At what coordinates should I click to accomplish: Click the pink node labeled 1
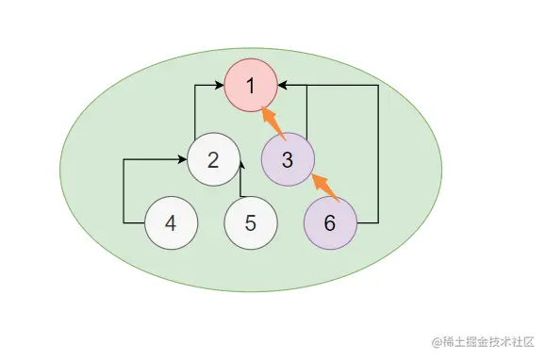click(x=250, y=87)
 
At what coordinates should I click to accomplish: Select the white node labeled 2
click(x=213, y=159)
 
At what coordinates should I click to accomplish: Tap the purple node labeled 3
click(x=288, y=158)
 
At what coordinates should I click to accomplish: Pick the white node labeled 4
click(x=171, y=223)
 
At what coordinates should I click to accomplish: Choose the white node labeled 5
click(x=250, y=223)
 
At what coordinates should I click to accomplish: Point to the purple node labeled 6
click(x=329, y=223)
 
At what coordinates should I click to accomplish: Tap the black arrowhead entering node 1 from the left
click(x=218, y=87)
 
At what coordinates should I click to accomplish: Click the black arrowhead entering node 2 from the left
click(x=181, y=159)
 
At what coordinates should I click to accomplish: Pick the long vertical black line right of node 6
click(x=378, y=155)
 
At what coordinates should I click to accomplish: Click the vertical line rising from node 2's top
click(x=195, y=110)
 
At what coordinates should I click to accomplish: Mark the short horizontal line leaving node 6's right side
click(x=367, y=223)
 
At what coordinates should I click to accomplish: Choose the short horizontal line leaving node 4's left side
click(x=134, y=223)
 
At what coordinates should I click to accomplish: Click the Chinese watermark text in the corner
click(x=489, y=341)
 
